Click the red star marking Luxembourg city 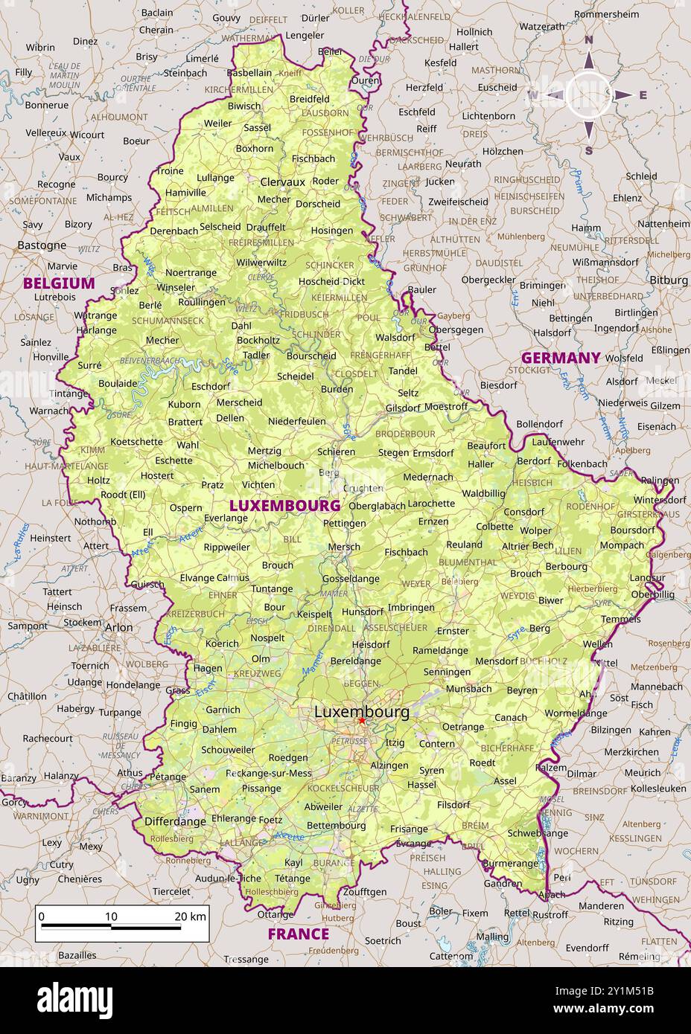pos(362,720)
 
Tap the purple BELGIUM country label pos(59,283)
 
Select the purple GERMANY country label pos(561,358)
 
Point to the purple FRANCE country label pos(298,934)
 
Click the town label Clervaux pos(282,182)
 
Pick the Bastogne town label pos(42,245)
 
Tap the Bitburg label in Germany pos(669,280)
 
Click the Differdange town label pos(175,821)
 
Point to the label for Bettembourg pos(336,825)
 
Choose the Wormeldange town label pos(575,713)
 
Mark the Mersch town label pos(344,546)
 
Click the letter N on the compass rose pos(587,40)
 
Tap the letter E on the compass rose pos(643,94)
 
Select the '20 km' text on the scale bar pos(190,916)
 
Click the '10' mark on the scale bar pos(111,916)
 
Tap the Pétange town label pos(168,777)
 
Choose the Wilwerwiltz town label pos(261,263)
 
